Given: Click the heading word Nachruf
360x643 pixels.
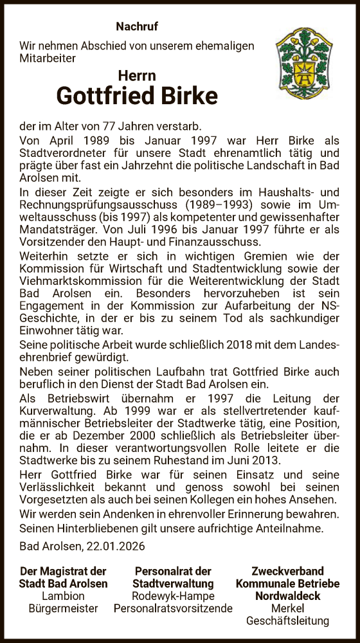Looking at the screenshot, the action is [136, 26].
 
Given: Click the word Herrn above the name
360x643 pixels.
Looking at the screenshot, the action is [137, 75].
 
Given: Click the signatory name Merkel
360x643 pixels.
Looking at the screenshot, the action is [278, 608].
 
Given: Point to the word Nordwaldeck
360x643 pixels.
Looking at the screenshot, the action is [278, 595].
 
